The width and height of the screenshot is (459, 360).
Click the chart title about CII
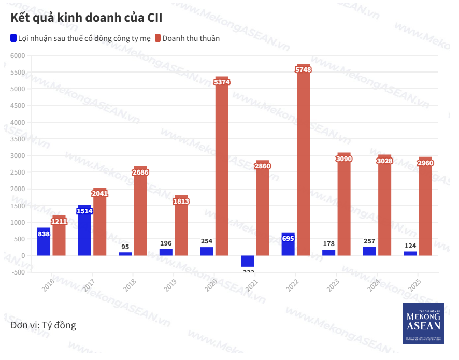click(86, 18)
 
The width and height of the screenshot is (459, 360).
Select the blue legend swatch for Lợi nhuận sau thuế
click(13, 38)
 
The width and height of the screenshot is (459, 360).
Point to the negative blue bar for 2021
click(247, 261)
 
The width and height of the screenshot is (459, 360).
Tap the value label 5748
click(303, 69)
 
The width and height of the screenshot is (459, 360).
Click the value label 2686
click(140, 172)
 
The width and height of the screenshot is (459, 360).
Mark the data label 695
click(288, 238)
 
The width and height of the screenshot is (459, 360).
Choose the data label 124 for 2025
click(410, 245)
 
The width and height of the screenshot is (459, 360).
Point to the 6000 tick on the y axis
click(17, 55)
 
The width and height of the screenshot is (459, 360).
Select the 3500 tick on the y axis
click(17, 139)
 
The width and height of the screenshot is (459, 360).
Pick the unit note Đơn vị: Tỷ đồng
click(43, 325)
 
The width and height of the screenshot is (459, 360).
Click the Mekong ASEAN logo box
click(423, 323)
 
